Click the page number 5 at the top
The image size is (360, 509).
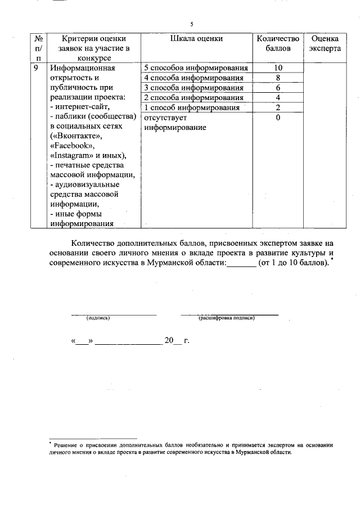tap(191, 24)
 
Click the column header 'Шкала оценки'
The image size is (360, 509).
tap(196, 39)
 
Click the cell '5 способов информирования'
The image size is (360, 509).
tap(196, 67)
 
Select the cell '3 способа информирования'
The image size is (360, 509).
tap(194, 88)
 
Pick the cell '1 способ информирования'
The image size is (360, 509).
tap(192, 108)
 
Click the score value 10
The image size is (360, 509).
tap(278, 67)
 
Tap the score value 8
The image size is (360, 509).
tap(278, 78)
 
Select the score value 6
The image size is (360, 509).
tap(278, 88)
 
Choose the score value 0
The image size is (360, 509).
tap(278, 118)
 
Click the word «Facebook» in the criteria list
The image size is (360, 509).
tap(72, 146)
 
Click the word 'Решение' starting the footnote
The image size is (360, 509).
tap(65, 445)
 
